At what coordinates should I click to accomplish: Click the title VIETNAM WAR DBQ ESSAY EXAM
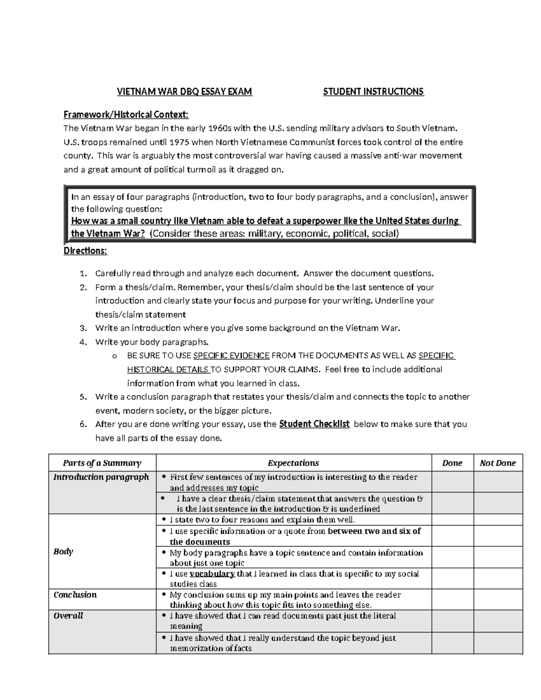click(184, 92)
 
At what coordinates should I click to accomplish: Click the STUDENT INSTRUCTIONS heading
click(373, 92)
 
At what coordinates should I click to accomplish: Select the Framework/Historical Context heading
click(126, 114)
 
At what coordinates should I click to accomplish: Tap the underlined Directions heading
click(86, 251)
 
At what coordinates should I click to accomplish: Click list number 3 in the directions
click(83, 328)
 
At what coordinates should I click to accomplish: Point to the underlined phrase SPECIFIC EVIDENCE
click(231, 356)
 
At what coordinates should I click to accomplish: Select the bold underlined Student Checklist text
click(314, 424)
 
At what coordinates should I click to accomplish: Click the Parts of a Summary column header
click(102, 463)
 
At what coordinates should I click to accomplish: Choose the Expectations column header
click(293, 463)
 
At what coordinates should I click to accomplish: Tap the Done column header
click(452, 463)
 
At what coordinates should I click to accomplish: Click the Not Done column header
click(498, 463)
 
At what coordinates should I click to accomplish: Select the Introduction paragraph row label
click(101, 477)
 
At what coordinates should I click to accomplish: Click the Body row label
click(63, 551)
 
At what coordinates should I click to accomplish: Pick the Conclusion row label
click(75, 595)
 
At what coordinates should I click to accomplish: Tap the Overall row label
click(68, 616)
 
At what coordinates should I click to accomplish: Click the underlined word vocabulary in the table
click(212, 574)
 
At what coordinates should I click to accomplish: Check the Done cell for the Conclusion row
click(452, 599)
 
